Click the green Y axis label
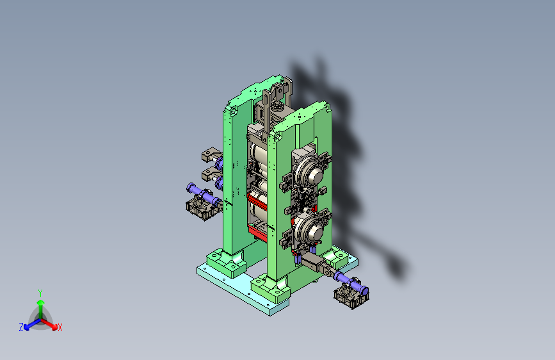40,293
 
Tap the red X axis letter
60,328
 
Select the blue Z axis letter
21,327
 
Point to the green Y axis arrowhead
41,302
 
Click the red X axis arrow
49,323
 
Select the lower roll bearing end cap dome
314,232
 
